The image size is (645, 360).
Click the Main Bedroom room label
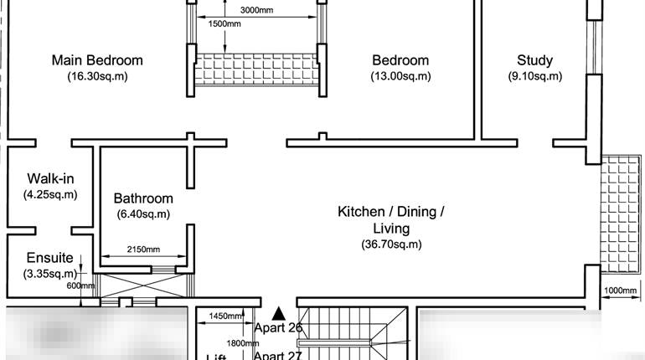[x=97, y=60]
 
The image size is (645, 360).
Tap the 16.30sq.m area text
[x=97, y=76]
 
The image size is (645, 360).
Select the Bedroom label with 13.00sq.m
[x=400, y=60]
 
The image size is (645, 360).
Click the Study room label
[x=534, y=60]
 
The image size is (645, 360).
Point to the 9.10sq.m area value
[x=534, y=76]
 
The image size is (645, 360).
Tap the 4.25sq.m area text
[x=50, y=194]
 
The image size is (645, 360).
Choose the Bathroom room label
[x=143, y=198]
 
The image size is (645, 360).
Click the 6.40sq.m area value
[x=143, y=214]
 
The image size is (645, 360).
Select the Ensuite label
[x=49, y=258]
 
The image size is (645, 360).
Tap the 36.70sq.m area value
[x=391, y=244]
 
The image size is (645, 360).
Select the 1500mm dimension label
[x=224, y=24]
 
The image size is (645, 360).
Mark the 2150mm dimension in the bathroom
[x=144, y=249]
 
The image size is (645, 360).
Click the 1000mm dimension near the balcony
[x=619, y=290]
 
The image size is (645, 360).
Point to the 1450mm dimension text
[x=226, y=316]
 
